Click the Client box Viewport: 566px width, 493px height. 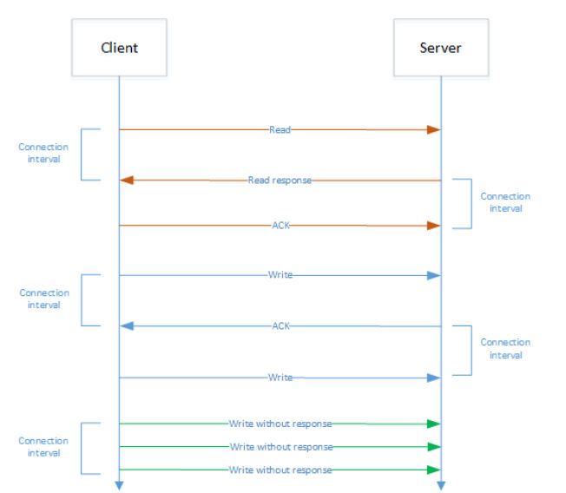[x=119, y=47]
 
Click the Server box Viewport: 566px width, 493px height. [x=441, y=47]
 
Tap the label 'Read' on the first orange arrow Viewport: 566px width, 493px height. [x=280, y=129]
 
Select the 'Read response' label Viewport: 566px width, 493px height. [x=280, y=180]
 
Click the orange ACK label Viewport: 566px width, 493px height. [x=281, y=226]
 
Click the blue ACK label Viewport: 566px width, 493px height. [x=281, y=325]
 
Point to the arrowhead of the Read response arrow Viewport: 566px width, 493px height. [x=127, y=180]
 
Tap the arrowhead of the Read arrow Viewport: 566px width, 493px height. [x=433, y=129]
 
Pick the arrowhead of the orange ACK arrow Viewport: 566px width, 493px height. [x=433, y=226]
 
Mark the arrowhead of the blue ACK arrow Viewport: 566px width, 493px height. [x=127, y=325]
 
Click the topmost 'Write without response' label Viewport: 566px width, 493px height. [x=280, y=424]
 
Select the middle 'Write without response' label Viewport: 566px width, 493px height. [x=281, y=447]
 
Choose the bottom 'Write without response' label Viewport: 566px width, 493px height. [x=280, y=470]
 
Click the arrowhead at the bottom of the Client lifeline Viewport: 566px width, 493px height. [x=119, y=485]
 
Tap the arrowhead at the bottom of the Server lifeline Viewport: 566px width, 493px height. [x=441, y=485]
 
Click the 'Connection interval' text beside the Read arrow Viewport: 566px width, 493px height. [x=43, y=153]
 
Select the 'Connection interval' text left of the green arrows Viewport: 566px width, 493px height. [x=43, y=447]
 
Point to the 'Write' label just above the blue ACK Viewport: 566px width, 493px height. [x=280, y=274]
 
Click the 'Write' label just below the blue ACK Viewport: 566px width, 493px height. [x=280, y=378]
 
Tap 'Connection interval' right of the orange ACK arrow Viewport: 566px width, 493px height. [x=505, y=202]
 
